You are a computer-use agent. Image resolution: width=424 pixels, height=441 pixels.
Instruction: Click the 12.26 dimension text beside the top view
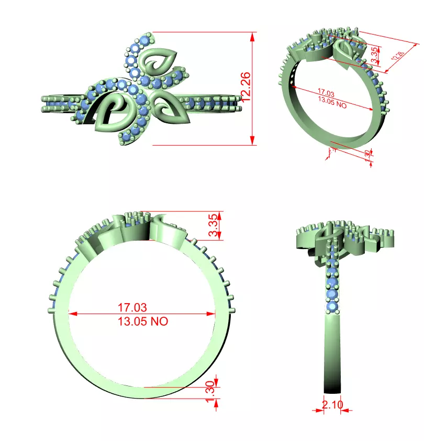coord(246,86)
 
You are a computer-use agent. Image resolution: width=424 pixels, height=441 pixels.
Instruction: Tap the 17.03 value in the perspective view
coord(326,93)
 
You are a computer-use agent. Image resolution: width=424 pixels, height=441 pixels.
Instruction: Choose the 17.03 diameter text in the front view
coord(132,307)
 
